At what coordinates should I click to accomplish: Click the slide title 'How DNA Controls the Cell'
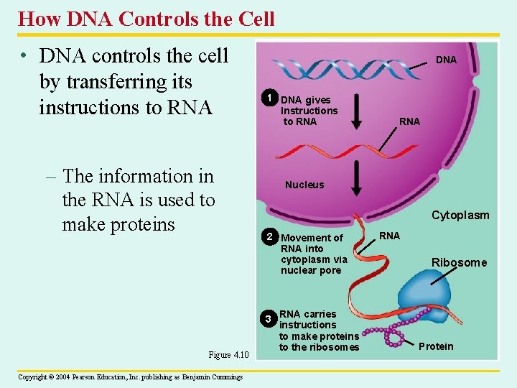coord(146,18)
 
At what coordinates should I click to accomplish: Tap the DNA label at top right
coord(446,60)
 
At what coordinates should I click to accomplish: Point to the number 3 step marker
coord(268,318)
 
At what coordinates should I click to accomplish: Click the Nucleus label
coord(304,185)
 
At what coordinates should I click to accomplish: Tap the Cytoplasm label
coord(460,215)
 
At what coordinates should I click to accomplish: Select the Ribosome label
coord(459,262)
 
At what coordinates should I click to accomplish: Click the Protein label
coord(436,346)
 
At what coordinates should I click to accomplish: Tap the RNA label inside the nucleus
coord(409,121)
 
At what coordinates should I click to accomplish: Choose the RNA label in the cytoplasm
coord(389,235)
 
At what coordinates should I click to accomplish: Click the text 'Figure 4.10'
coord(228,354)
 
